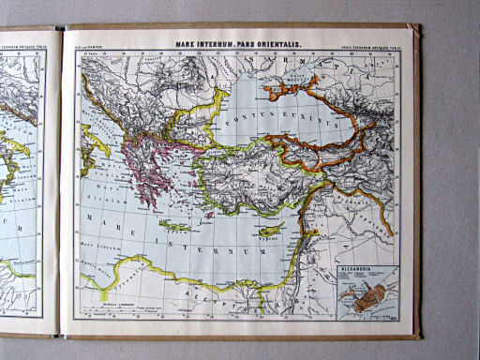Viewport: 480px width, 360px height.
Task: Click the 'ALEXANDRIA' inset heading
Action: coord(362,268)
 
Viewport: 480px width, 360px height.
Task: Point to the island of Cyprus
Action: coord(271,230)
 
